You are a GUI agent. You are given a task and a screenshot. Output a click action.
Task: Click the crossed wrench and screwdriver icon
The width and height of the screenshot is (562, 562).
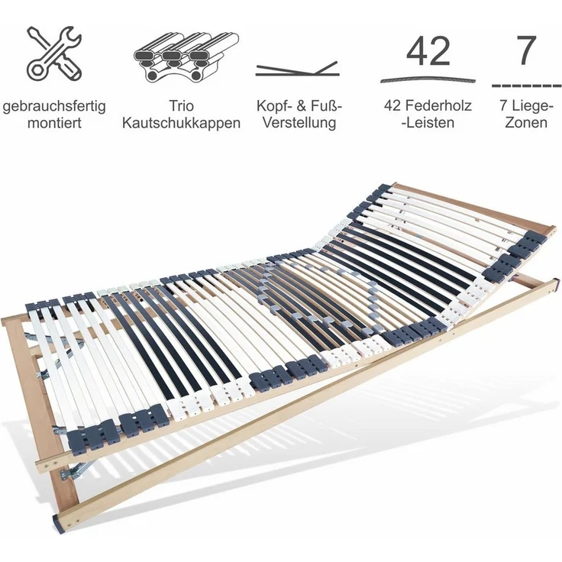(54, 53)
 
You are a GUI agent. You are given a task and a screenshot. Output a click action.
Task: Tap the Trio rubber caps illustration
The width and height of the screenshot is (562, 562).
(186, 57)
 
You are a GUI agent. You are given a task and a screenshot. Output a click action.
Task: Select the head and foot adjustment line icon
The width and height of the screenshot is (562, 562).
(297, 69)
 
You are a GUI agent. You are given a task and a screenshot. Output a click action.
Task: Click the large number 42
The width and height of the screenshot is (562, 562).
(428, 51)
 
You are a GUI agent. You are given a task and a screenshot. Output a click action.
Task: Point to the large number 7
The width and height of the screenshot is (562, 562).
(527, 50)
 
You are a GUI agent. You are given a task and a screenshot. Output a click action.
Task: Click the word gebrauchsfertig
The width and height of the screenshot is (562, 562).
(54, 106)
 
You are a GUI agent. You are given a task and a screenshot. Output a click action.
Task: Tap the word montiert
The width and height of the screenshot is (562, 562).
(54, 123)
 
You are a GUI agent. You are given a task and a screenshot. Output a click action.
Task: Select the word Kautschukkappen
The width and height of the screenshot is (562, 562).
(181, 123)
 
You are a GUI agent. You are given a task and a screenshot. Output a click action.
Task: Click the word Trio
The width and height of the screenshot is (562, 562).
(182, 106)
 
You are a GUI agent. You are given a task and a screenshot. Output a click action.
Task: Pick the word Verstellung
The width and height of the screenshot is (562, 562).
(299, 122)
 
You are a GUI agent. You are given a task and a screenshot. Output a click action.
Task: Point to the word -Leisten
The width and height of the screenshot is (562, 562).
(428, 123)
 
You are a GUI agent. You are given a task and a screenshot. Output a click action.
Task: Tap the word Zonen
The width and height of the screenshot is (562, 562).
(526, 123)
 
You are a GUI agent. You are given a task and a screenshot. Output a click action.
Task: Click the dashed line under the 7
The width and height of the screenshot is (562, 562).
(526, 86)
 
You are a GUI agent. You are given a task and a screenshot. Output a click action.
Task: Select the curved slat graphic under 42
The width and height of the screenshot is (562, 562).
(428, 79)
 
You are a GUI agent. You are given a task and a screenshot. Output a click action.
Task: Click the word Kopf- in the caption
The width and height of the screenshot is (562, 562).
(275, 106)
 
